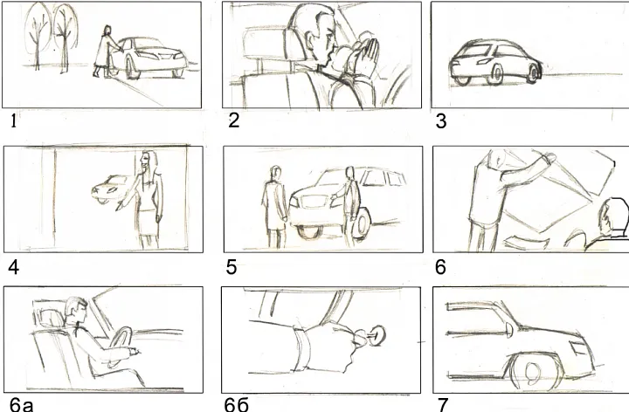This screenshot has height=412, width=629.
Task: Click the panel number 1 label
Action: click(x=14, y=121)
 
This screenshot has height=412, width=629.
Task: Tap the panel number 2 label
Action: click(x=234, y=120)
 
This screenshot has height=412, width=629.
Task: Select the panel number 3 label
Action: click(x=441, y=121)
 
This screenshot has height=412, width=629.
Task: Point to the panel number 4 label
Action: click(x=14, y=267)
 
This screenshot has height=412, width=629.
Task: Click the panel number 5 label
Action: click(x=232, y=267)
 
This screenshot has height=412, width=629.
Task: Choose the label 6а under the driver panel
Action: click(x=21, y=406)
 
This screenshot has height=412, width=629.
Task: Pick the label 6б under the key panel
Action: click(x=237, y=406)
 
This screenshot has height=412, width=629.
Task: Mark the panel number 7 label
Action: click(x=442, y=405)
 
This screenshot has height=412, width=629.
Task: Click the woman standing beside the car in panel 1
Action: click(x=105, y=51)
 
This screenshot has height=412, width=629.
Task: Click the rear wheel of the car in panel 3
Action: click(x=497, y=73)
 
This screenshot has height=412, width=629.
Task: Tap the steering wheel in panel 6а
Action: click(x=121, y=346)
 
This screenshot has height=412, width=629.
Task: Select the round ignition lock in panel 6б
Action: click(x=377, y=334)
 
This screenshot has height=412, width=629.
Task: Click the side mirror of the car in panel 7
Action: click(x=509, y=329)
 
